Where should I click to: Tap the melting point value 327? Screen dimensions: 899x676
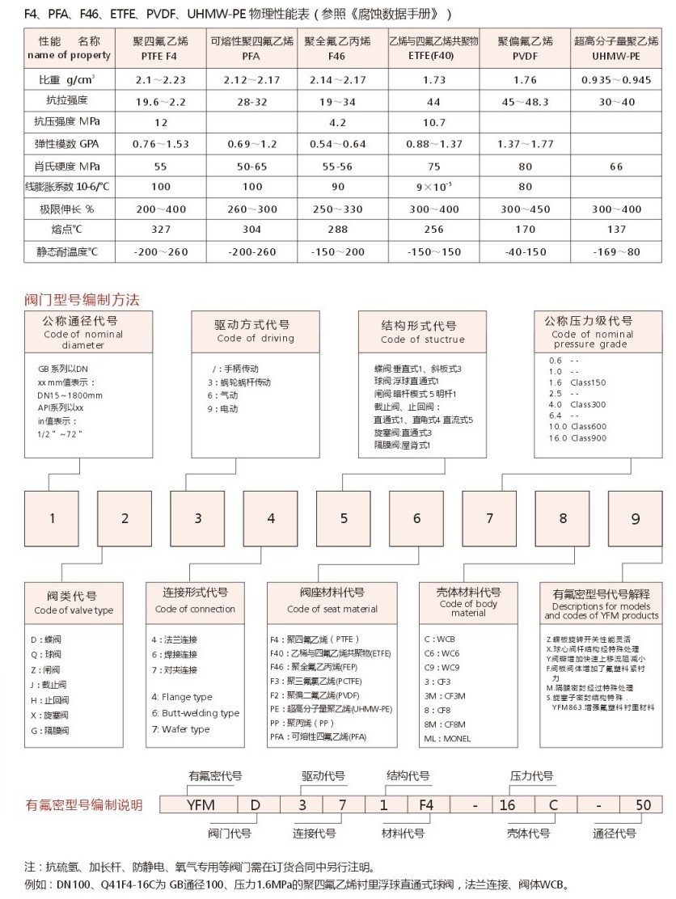pos(161,229)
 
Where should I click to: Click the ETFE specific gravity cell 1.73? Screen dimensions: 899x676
pos(433,79)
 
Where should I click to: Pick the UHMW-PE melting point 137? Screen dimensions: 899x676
pos(611,229)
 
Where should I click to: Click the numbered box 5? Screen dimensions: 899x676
pos(344,518)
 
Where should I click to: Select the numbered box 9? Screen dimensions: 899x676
pos(636,518)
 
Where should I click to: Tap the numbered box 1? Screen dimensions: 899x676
pos(53,518)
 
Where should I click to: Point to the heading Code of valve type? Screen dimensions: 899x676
pos(74,610)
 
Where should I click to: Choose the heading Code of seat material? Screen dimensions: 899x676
pos(332,609)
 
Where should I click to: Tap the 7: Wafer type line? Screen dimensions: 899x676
pos(180,729)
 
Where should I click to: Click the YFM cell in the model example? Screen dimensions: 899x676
pos(201,805)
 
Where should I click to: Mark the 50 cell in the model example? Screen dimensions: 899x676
pos(643,805)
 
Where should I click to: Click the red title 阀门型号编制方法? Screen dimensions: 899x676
pos(82,300)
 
